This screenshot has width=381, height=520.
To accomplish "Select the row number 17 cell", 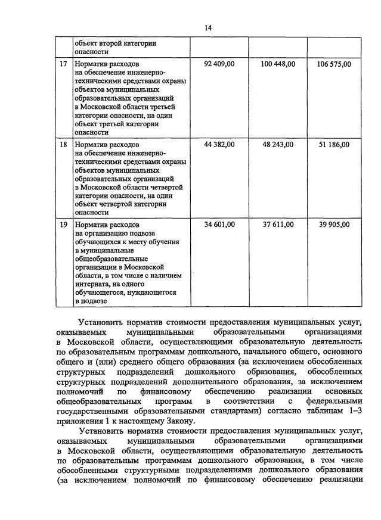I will tap(63, 63).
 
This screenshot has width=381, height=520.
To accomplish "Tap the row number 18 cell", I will tap(63, 144).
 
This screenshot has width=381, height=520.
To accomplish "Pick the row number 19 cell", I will tap(63, 225).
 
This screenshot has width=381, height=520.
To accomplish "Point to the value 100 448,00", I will tap(278, 63).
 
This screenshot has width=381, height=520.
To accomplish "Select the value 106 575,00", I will tap(334, 63).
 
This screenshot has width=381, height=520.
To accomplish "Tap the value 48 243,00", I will tap(278, 144).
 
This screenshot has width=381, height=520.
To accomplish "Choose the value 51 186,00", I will tap(334, 144).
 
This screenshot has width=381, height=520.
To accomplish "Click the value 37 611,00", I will tap(278, 225).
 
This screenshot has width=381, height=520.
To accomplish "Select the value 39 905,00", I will tap(334, 225).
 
